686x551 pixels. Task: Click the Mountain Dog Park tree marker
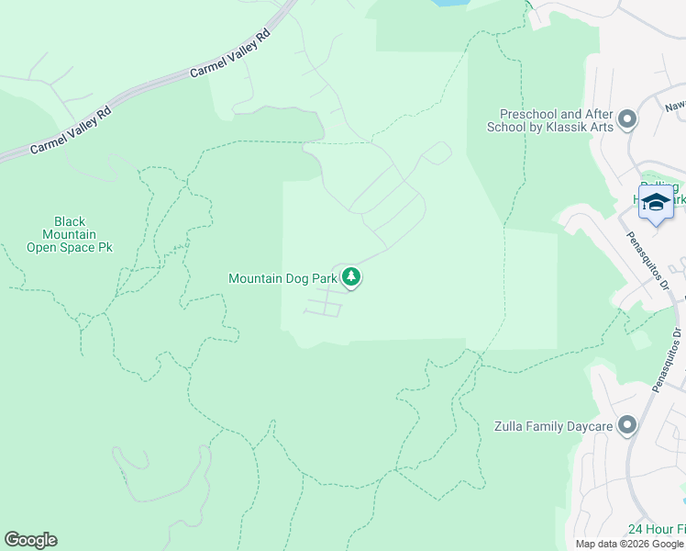350,277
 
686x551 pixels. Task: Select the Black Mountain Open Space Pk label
69,234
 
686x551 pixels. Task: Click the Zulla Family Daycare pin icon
627,425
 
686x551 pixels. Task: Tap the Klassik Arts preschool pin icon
627,119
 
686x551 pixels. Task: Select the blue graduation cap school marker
656,203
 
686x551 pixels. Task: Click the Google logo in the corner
30,540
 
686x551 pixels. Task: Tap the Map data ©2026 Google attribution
628,544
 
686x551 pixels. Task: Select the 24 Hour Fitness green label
655,530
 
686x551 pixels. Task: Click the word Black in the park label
70,221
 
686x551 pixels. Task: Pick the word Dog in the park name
295,278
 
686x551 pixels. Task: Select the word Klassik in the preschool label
557,127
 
